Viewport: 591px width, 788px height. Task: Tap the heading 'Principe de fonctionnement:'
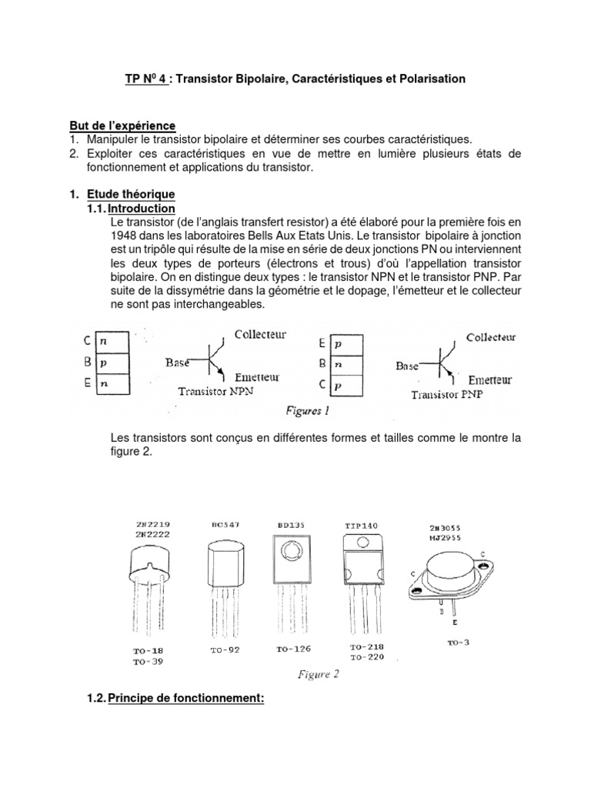click(x=186, y=700)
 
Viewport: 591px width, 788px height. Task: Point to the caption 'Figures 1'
click(x=307, y=411)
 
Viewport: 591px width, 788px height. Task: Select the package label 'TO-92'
click(x=226, y=650)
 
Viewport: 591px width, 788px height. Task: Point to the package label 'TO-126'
click(x=292, y=649)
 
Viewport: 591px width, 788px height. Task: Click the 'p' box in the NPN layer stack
click(x=108, y=359)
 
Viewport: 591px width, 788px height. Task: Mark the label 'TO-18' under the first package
click(x=147, y=650)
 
